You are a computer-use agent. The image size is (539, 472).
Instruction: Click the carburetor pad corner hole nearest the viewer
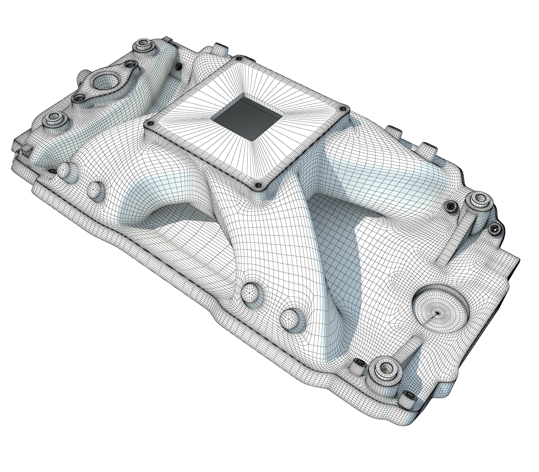tap(258, 185)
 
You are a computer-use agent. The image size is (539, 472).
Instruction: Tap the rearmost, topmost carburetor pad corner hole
tap(240, 58)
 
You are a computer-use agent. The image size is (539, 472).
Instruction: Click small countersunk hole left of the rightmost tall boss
tap(450, 205)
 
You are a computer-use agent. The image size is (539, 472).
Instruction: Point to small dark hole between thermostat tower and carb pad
tap(179, 67)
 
